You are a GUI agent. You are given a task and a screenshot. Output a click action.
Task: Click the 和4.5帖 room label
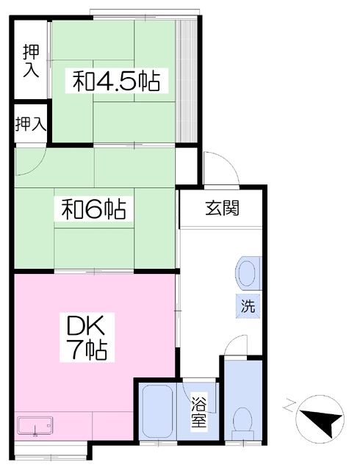pyautogui.click(x=116, y=81)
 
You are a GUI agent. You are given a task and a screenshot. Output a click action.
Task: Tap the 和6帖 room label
pyautogui.click(x=93, y=209)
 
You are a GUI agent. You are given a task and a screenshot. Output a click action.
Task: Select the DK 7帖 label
pyautogui.click(x=87, y=337)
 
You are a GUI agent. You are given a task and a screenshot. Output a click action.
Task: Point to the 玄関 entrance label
pyautogui.click(x=223, y=208)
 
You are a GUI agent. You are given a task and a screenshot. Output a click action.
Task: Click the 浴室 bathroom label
pyautogui.click(x=199, y=411)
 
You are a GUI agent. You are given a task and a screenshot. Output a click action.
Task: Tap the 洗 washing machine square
pyautogui.click(x=248, y=306)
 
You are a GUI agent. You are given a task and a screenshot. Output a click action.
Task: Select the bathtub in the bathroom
pyautogui.click(x=157, y=411)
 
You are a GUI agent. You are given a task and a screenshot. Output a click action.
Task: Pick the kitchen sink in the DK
pyautogui.click(x=35, y=425)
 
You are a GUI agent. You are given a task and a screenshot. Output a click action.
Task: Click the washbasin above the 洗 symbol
pyautogui.click(x=248, y=273)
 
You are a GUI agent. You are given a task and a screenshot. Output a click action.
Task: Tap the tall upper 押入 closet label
pyautogui.click(x=31, y=60)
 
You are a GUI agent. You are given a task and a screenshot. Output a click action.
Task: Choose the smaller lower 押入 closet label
pyautogui.click(x=31, y=123)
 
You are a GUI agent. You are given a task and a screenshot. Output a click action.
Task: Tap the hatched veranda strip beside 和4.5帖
pyautogui.click(x=186, y=82)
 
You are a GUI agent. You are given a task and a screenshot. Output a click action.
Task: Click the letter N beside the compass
pyautogui.click(x=289, y=403)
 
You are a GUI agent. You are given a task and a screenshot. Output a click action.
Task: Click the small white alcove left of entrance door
pyautogui.click(x=186, y=166)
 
